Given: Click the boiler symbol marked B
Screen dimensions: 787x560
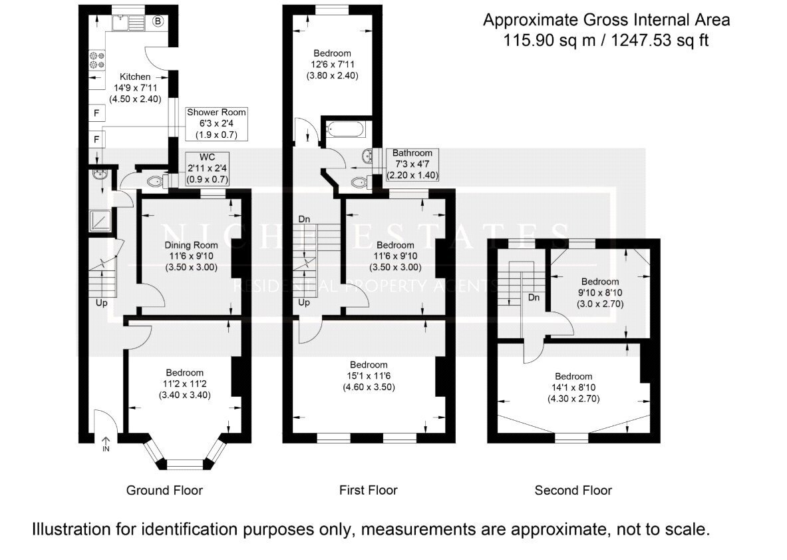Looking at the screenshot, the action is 158,21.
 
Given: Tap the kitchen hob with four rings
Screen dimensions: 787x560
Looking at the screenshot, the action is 97,60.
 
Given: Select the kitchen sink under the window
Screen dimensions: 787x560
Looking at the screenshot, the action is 129,22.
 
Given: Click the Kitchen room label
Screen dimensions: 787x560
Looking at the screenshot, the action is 135,77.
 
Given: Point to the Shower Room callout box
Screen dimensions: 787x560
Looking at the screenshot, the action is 216,124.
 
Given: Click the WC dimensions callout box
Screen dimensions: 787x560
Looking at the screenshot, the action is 208,168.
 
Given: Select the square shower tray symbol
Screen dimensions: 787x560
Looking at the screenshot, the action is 100,221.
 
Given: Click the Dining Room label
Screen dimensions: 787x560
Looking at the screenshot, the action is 191,245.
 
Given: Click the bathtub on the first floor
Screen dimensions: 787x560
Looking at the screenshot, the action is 345,131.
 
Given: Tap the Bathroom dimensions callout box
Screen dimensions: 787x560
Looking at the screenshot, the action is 412,164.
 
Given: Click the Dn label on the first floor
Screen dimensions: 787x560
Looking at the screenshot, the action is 304,219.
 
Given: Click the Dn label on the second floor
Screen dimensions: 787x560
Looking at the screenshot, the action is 534,298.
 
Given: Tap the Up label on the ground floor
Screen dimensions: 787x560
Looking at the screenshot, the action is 101,303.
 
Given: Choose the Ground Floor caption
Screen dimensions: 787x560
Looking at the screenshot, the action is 164,490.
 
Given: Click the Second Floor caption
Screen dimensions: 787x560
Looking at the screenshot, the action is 573,490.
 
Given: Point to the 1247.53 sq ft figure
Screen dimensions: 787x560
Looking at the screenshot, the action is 659,40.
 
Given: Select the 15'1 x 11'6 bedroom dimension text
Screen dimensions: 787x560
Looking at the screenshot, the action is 369,376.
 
